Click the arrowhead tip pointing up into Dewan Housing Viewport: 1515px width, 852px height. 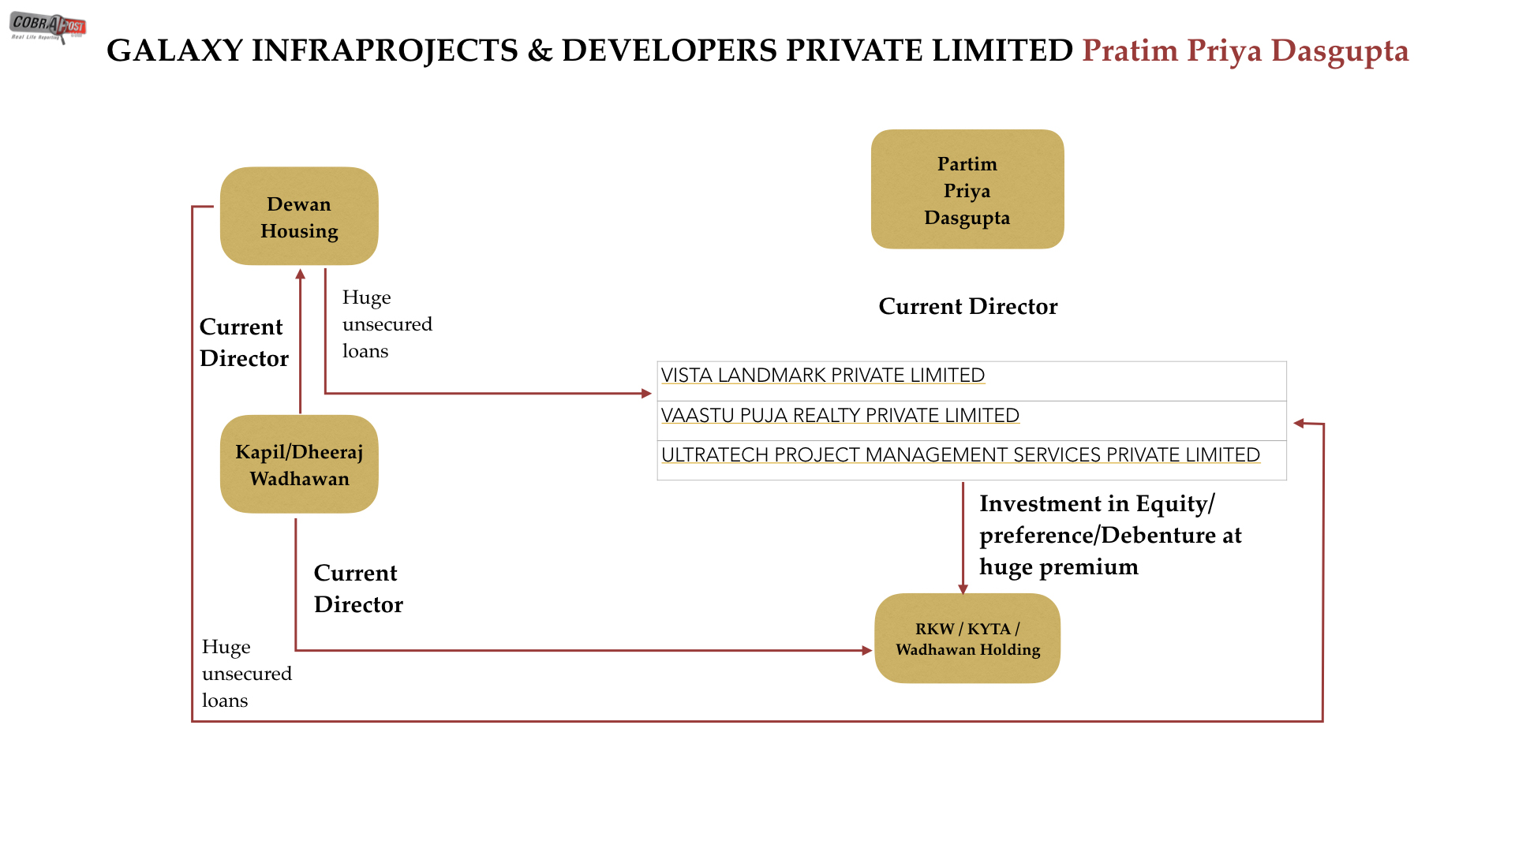click(x=300, y=269)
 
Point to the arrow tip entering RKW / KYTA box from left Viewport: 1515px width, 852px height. click(x=873, y=651)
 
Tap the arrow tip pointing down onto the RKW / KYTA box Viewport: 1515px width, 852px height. click(x=963, y=595)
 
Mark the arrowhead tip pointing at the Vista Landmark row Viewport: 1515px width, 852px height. click(x=652, y=393)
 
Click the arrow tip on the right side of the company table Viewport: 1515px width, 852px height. click(x=1293, y=424)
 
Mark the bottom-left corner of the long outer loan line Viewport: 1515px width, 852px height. click(x=193, y=721)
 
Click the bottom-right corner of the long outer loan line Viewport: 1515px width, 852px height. click(x=1322, y=721)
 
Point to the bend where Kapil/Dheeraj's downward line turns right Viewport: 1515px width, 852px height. click(x=296, y=651)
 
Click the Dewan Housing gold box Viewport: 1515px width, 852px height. click(x=299, y=216)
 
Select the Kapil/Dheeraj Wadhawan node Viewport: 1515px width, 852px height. click(x=299, y=465)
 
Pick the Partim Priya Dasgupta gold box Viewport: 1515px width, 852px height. click(x=967, y=189)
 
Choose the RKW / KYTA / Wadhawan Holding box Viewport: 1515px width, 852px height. click(x=967, y=638)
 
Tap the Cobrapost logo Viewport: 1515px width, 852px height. click(x=47, y=27)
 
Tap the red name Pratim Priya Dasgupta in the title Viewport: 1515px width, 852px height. click(x=1245, y=51)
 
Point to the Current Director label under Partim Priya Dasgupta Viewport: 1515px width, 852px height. click(x=968, y=306)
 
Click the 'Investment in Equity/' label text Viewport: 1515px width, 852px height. click(x=1097, y=504)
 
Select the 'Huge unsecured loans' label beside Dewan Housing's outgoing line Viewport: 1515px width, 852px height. click(x=387, y=324)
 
